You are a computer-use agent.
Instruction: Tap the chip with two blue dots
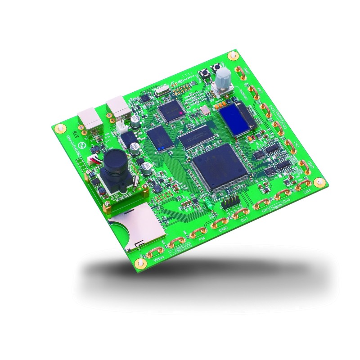point(159,138)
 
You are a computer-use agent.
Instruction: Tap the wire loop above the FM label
point(197,232)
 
